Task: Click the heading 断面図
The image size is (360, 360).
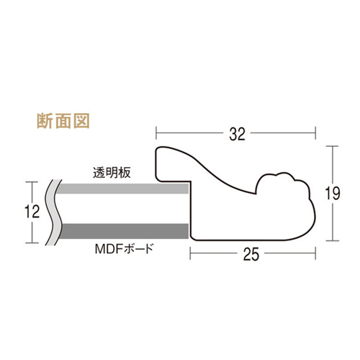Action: point(63,121)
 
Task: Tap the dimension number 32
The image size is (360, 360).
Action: point(237,134)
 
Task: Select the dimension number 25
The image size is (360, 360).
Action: point(251,254)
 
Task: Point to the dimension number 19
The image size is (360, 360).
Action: point(333,194)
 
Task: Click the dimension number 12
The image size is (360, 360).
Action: point(32,212)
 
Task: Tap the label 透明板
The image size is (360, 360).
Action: point(112,173)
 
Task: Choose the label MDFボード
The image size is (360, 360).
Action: point(124,248)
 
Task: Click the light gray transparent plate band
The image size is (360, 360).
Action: point(123,189)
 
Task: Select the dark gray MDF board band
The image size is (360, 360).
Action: point(125,231)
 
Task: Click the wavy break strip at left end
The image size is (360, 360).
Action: point(53,212)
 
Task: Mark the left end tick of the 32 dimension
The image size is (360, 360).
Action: point(156,132)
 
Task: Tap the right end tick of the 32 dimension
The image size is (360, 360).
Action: point(315,132)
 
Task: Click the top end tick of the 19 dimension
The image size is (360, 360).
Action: point(333,146)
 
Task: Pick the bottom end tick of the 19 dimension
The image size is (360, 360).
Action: point(333,240)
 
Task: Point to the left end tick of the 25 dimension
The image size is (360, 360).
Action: point(190,253)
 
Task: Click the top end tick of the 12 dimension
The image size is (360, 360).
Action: point(32,182)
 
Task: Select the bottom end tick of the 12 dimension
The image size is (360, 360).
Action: point(32,243)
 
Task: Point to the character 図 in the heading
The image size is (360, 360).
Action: point(81,121)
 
